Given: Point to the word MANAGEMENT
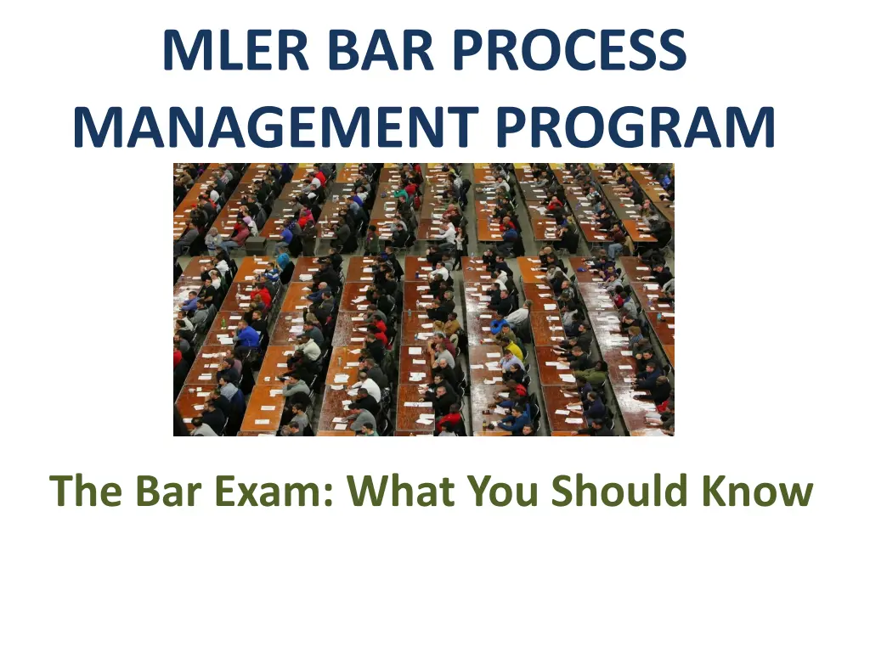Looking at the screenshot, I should click(x=274, y=127).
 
